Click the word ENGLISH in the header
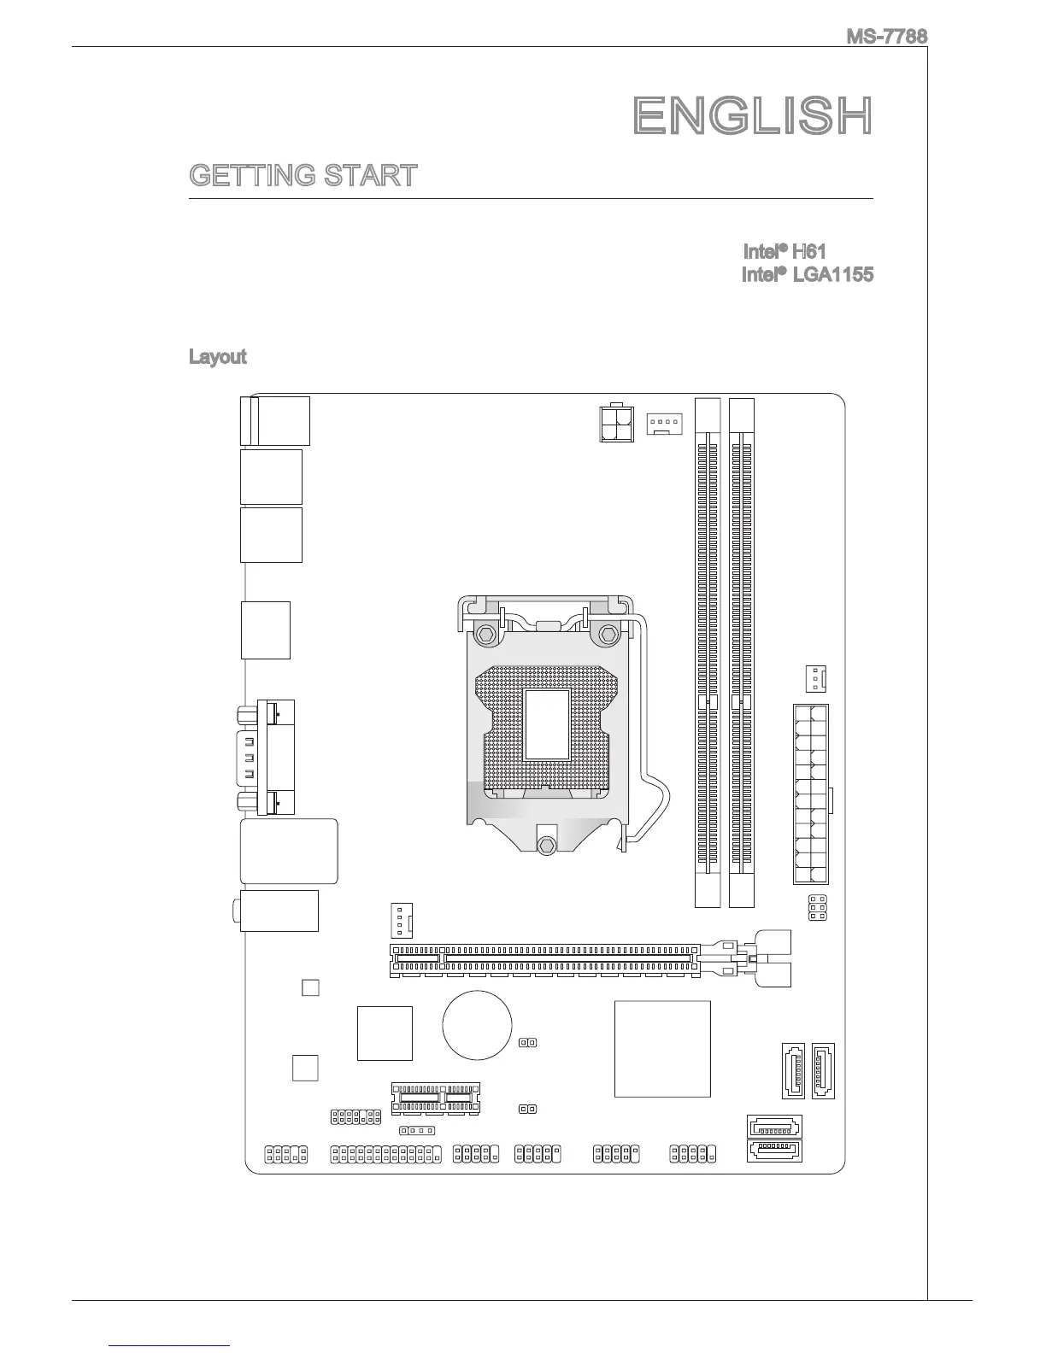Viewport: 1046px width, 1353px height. (753, 116)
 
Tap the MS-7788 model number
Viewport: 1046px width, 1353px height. (886, 37)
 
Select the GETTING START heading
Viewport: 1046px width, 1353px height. (303, 176)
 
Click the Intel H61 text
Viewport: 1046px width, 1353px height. (784, 252)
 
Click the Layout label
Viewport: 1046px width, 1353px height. (217, 357)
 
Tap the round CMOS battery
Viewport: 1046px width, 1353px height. (477, 1024)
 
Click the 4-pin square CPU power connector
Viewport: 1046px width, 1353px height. (615, 422)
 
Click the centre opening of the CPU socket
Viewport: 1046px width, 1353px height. (547, 724)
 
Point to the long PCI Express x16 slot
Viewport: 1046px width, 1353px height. (547, 962)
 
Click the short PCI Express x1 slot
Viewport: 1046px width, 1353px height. (436, 1098)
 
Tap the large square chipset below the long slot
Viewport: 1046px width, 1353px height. (662, 1048)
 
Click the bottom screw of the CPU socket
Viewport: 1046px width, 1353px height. (547, 844)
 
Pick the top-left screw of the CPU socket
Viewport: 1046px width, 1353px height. (485, 634)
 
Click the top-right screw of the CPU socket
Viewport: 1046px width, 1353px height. (609, 634)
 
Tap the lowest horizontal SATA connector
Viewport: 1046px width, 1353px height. (775, 1151)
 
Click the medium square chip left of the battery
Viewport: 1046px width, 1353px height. (385, 1034)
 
